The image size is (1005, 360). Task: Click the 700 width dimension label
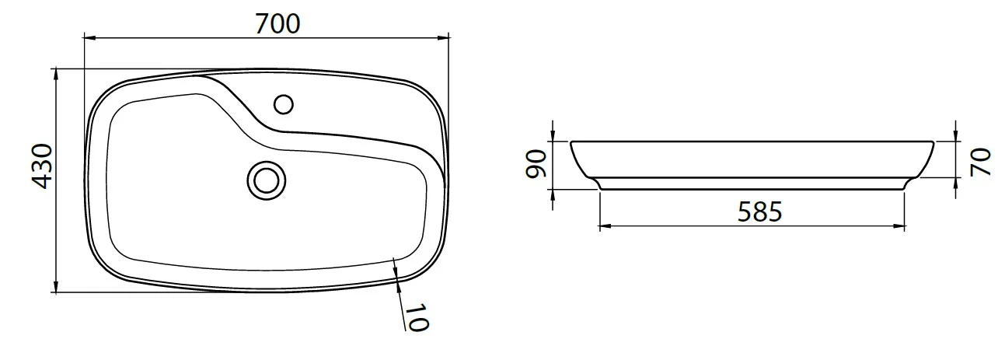(x=277, y=24)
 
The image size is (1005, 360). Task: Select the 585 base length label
(x=760, y=211)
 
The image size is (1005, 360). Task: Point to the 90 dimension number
(x=536, y=164)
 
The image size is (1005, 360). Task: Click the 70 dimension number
(x=980, y=162)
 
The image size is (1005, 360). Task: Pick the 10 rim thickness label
(x=417, y=317)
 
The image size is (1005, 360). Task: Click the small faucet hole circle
(x=284, y=105)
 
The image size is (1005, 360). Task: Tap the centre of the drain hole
(x=267, y=180)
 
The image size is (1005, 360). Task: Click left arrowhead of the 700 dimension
(x=90, y=38)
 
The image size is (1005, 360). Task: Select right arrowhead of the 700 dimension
(x=443, y=38)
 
